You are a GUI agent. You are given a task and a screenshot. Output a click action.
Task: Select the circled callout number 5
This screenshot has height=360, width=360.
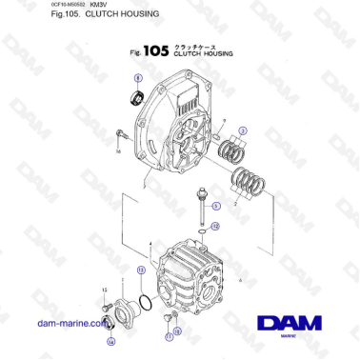[215, 205]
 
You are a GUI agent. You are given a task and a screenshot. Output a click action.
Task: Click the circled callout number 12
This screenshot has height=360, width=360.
[215, 226]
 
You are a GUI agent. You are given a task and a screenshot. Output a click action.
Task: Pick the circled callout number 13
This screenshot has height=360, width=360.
[141, 270]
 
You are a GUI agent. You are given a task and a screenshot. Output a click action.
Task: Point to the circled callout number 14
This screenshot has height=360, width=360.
[110, 340]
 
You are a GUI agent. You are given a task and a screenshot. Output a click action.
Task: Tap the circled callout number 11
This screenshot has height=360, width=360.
[168, 337]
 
